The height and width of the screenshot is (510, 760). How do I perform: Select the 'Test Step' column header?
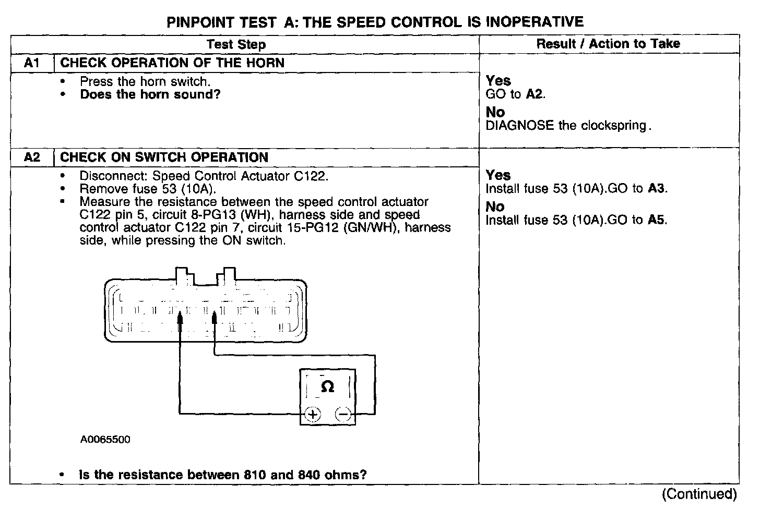(x=236, y=44)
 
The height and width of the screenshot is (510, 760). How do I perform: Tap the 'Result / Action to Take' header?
(x=608, y=44)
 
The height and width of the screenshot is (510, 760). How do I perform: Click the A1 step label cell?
(x=32, y=63)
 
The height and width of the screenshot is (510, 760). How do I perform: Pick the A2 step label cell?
(x=32, y=157)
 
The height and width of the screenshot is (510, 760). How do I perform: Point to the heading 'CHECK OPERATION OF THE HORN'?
(x=172, y=63)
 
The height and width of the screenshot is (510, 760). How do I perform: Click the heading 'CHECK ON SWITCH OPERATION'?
(x=164, y=157)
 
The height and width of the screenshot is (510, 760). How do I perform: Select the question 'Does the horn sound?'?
(x=150, y=94)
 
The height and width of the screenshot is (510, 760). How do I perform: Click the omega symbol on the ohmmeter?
(x=327, y=386)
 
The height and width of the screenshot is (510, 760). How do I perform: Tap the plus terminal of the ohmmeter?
(x=313, y=415)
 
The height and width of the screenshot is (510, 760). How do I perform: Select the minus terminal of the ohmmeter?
(x=343, y=415)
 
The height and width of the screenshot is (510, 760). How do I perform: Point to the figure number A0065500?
(x=105, y=440)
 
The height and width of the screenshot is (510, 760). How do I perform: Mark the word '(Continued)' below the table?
(x=699, y=493)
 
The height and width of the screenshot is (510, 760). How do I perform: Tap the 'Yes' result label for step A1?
(x=498, y=81)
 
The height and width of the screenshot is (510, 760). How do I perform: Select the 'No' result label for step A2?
(x=495, y=207)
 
